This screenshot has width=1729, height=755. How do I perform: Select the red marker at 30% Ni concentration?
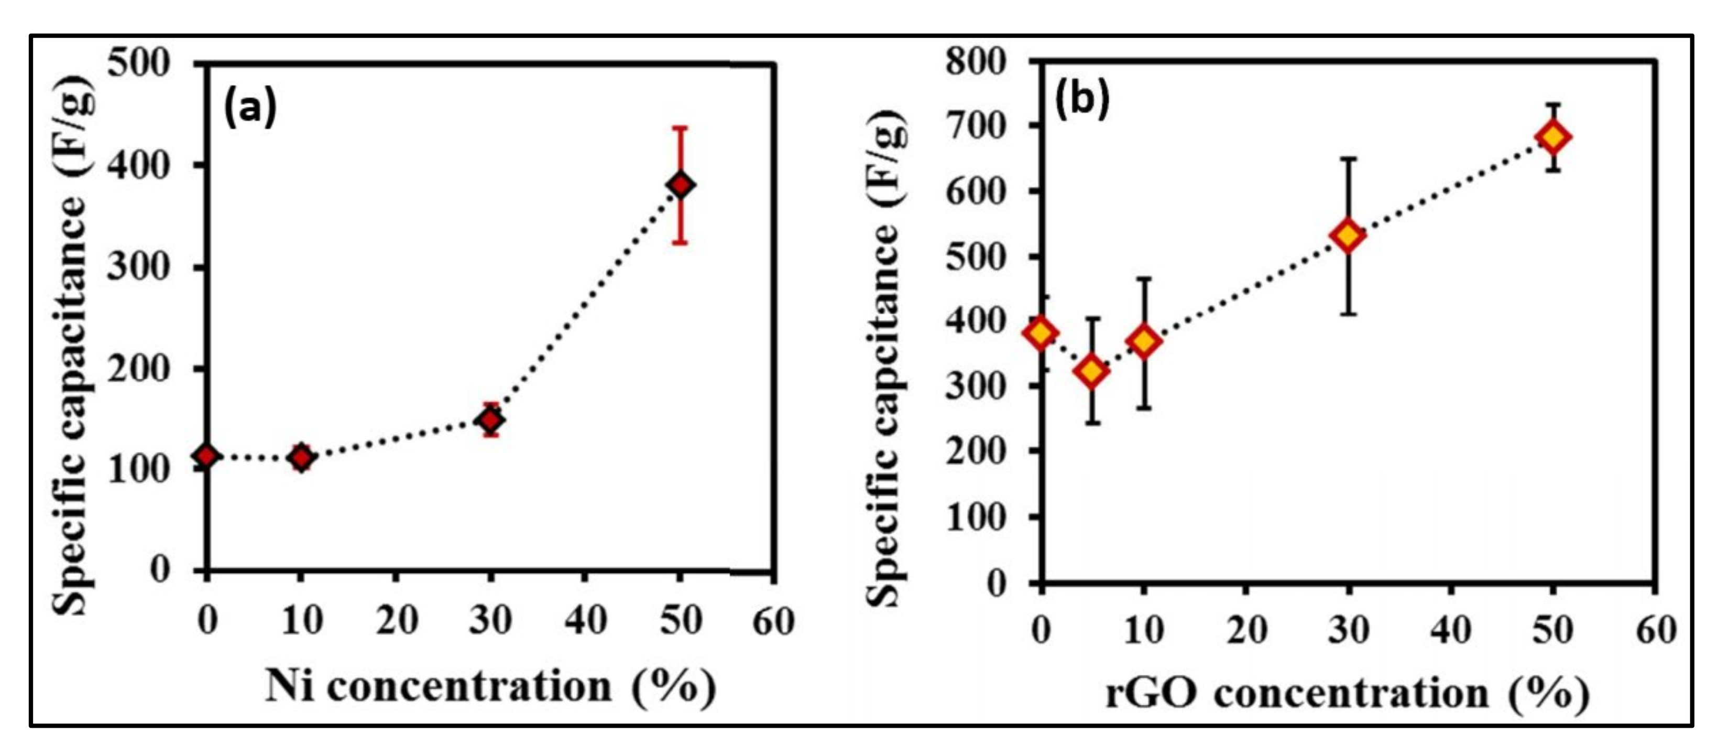click(x=490, y=420)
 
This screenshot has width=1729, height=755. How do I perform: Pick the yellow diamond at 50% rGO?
click(x=1553, y=137)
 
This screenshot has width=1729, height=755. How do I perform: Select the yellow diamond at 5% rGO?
click(x=1092, y=371)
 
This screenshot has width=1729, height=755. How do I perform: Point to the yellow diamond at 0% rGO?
click(x=1041, y=332)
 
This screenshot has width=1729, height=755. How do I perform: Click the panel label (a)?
click(x=250, y=107)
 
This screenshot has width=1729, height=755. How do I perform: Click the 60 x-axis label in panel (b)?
click(x=1656, y=630)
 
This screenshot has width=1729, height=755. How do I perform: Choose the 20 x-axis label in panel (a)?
click(x=396, y=621)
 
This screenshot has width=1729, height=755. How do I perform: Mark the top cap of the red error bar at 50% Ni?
click(x=680, y=127)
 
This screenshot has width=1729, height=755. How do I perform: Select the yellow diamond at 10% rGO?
click(x=1144, y=341)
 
